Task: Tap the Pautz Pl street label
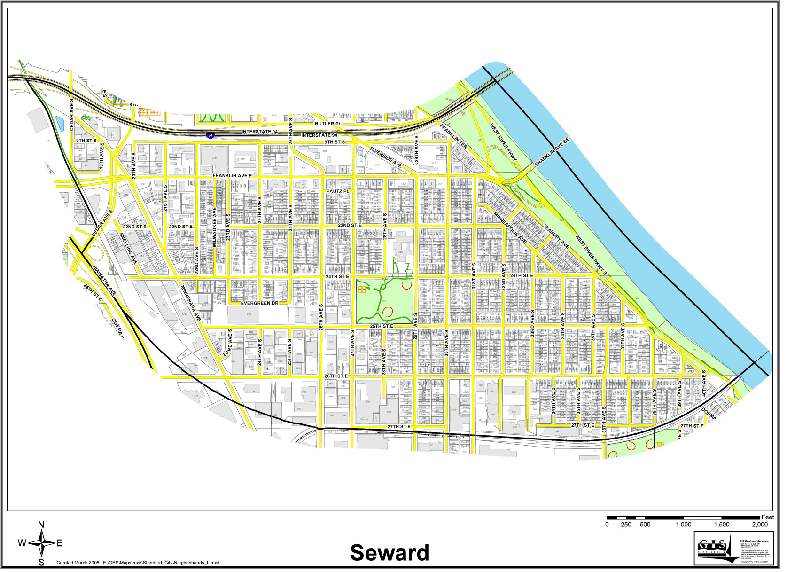[x=341, y=193]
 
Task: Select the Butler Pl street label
[x=330, y=125]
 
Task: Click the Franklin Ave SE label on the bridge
[x=557, y=153]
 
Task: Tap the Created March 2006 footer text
[x=78, y=566]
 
